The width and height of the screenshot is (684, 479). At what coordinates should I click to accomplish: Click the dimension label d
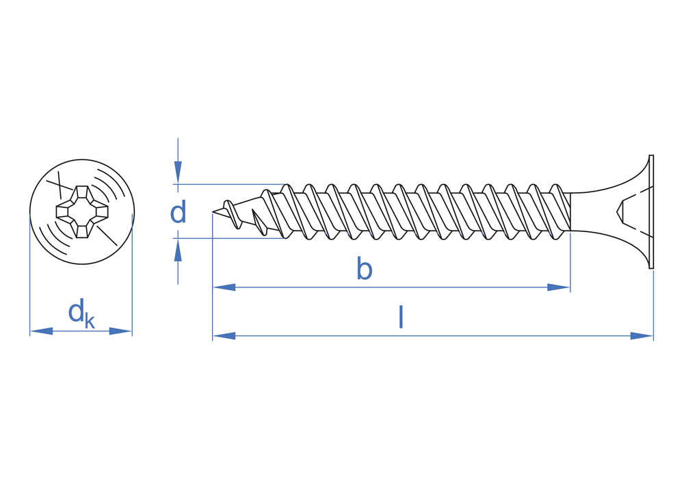pyautogui.click(x=178, y=213)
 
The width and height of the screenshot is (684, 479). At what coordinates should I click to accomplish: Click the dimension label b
pyautogui.click(x=365, y=270)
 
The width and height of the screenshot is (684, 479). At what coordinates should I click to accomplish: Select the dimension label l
pyautogui.click(x=401, y=318)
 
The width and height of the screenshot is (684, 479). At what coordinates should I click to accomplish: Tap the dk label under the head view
pyautogui.click(x=81, y=313)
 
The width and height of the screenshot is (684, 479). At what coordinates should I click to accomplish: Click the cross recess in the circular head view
pyautogui.click(x=82, y=211)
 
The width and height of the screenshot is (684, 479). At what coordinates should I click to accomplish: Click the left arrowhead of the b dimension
pyautogui.click(x=224, y=287)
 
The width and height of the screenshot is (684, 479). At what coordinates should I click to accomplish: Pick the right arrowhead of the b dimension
pyautogui.click(x=559, y=287)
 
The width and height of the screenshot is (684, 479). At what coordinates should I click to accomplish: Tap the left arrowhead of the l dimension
pyautogui.click(x=224, y=336)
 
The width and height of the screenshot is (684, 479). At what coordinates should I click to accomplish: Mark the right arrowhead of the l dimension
pyautogui.click(x=642, y=336)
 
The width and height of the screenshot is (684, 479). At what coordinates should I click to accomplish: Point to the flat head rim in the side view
pyautogui.click(x=651, y=211)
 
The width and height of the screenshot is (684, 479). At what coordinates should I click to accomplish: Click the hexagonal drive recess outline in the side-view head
pyautogui.click(x=622, y=211)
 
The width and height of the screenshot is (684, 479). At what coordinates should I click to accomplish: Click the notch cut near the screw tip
pyautogui.click(x=259, y=220)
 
